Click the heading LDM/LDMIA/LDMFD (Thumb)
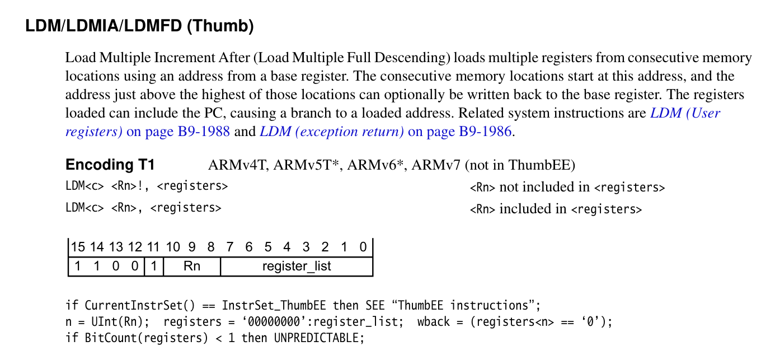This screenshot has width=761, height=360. tap(139, 26)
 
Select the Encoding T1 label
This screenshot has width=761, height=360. tap(110, 165)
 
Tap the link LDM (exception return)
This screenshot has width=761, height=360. tap(332, 132)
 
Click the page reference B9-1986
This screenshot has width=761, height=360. tap(485, 132)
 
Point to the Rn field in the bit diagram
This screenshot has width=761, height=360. tap(192, 267)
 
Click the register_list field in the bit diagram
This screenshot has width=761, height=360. tap(297, 267)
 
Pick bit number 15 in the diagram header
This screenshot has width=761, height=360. tap(78, 247)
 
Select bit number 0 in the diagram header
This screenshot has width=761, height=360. tap(363, 247)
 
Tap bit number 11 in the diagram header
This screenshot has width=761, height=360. tap(153, 247)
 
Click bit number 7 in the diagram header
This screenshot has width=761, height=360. tap(230, 247)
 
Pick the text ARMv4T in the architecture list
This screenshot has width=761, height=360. tap(229, 165)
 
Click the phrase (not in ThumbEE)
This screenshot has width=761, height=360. tap(520, 165)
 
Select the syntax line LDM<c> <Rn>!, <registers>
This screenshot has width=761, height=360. tap(147, 186)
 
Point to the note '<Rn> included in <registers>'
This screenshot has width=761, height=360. tap(556, 209)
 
